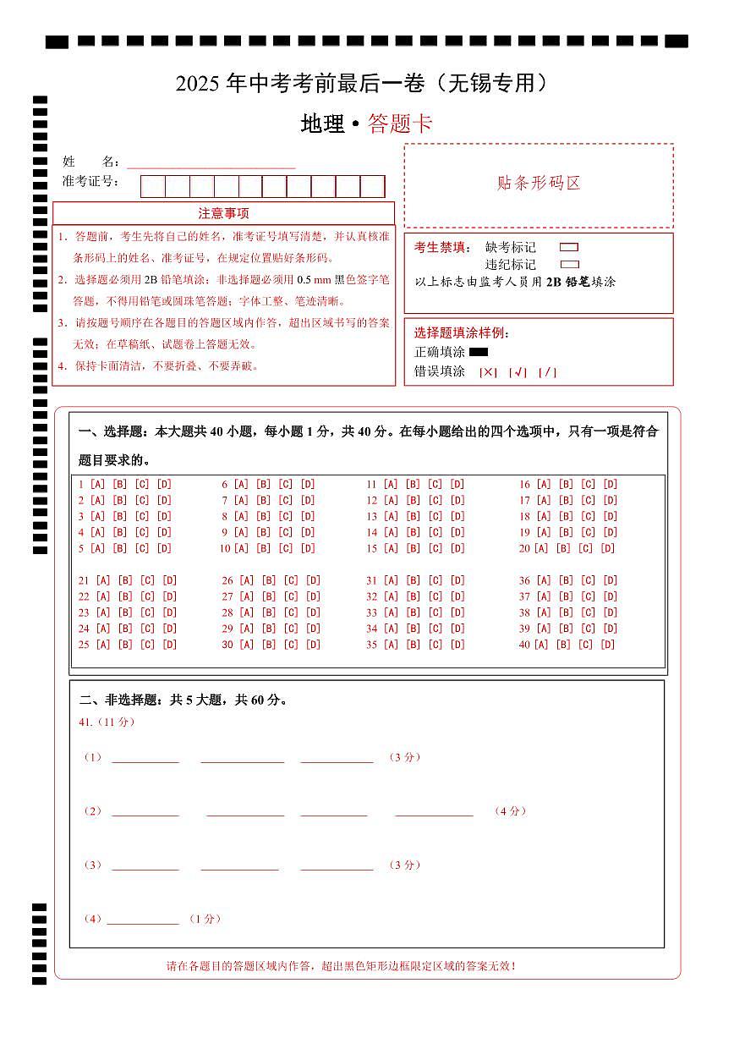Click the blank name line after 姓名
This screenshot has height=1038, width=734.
click(x=211, y=162)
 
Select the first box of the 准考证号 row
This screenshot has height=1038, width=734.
click(x=152, y=186)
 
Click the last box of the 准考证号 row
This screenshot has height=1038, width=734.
click(x=373, y=186)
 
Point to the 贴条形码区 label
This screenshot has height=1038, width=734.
click(x=539, y=184)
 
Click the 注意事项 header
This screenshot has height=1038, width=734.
click(x=223, y=213)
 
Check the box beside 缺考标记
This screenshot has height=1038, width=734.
click(x=569, y=248)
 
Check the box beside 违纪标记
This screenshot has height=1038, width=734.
click(x=569, y=265)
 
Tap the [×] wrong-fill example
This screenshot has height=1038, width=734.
click(x=488, y=372)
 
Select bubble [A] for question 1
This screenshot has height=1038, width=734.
click(x=97, y=485)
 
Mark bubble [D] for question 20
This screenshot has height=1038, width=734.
click(x=607, y=549)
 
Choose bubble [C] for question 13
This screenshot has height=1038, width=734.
click(x=435, y=517)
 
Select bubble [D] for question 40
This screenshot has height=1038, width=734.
click(x=607, y=645)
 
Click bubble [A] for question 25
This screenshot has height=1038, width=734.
click(x=103, y=645)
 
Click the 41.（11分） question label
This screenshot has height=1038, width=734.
click(x=107, y=722)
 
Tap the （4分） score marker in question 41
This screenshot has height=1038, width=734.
click(x=511, y=811)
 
